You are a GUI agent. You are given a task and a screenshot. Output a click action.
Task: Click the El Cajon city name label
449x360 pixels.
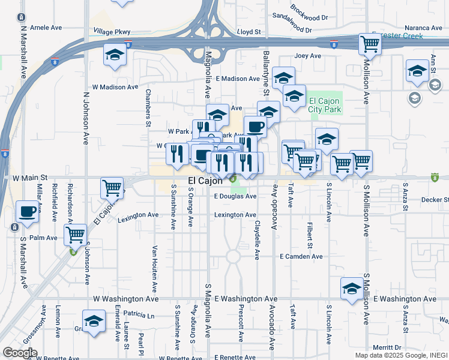[205, 181]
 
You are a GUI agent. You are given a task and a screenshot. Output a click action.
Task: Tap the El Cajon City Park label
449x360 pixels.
[325, 105]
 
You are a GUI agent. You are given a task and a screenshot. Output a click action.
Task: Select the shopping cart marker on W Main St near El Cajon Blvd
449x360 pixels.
[112, 188]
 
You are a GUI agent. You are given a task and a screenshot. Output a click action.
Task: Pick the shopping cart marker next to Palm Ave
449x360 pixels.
[75, 235]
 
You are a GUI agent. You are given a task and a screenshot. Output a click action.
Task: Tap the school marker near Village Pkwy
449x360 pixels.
[114, 55]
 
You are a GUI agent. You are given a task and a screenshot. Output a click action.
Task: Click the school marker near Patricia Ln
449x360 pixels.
[94, 321]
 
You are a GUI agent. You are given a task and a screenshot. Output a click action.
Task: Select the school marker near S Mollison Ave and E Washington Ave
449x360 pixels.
[352, 289]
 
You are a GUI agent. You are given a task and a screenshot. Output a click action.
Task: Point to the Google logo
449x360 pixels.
[20, 353]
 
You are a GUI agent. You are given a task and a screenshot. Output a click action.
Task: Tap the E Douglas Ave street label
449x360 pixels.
[235, 196]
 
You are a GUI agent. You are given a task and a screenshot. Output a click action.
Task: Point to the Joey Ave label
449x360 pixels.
[308, 56]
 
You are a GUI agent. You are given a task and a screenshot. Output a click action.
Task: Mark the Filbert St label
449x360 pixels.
[310, 236]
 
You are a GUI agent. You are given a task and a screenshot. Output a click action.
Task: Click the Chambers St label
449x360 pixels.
[148, 109]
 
